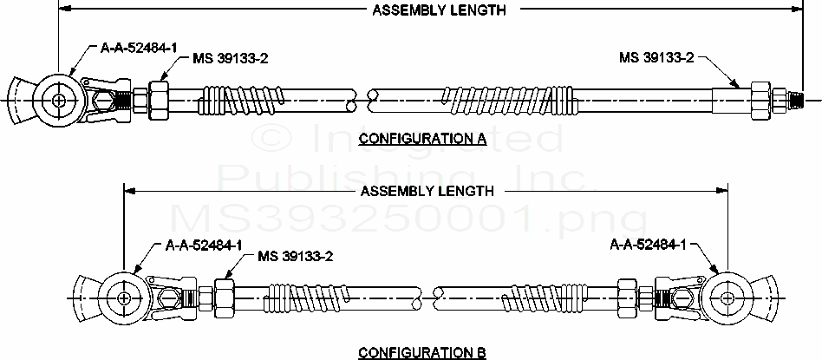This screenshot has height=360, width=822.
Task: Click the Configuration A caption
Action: (422, 139)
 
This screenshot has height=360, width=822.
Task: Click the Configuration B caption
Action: (422, 351)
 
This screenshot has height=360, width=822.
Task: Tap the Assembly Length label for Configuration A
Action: (440, 10)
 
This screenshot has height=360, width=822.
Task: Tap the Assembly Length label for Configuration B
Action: (427, 191)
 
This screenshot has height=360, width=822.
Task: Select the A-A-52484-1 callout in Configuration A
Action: (139, 49)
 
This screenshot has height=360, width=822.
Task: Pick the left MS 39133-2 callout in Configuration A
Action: (231, 58)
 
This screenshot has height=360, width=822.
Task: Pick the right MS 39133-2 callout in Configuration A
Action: (657, 58)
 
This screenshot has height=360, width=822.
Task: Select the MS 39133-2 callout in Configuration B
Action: (296, 256)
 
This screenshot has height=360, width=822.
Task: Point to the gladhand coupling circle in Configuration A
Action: (59, 101)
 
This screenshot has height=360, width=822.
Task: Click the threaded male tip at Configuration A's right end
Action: (793, 98)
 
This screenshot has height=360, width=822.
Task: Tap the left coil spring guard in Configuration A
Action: (242, 99)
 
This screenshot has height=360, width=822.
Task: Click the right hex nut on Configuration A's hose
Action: (761, 100)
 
